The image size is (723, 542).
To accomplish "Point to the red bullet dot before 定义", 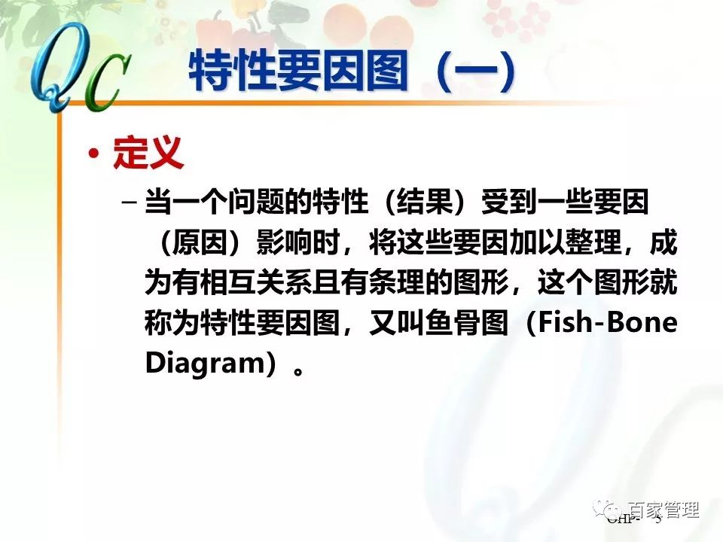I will [93, 154].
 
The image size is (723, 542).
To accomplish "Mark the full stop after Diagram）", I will [300, 369].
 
